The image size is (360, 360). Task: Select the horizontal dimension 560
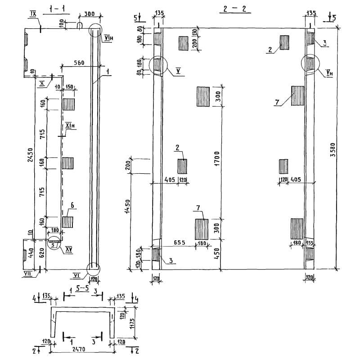80,63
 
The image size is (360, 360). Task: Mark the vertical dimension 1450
127,207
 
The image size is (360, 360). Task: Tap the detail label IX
32,15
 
